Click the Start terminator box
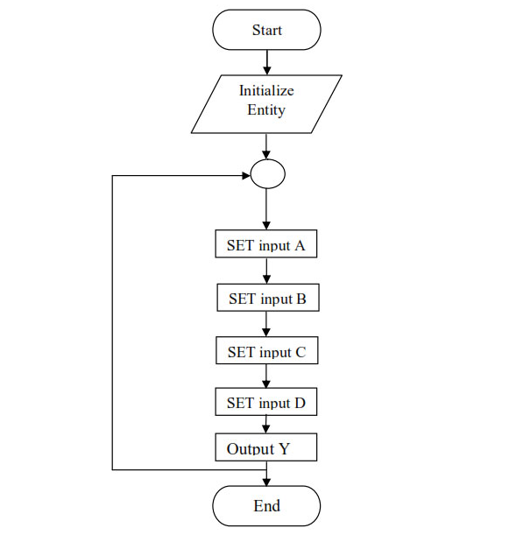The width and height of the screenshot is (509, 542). [x=266, y=30]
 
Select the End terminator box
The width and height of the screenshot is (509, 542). [x=266, y=506]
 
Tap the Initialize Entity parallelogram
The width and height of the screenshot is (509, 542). [x=266, y=104]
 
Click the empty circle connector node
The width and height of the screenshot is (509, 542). [x=267, y=174]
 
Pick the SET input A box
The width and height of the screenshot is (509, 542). [x=266, y=243]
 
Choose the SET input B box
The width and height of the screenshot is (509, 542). [x=268, y=298]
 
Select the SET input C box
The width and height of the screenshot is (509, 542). [x=267, y=350]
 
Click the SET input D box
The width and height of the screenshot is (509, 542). [x=266, y=402]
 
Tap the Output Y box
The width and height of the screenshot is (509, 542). [x=266, y=447]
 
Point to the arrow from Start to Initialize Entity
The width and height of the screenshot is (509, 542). [x=266, y=62]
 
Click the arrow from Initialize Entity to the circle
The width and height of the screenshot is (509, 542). [x=266, y=146]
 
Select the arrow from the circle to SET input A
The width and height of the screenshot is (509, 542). [x=266, y=209]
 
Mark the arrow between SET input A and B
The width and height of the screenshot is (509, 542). [x=266, y=271]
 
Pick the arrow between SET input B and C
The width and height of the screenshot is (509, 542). [x=266, y=324]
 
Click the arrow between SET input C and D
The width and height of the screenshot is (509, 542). [x=266, y=377]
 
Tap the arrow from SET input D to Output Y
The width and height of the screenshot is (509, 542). [x=266, y=425]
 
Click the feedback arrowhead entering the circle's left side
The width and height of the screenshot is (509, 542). [x=246, y=176]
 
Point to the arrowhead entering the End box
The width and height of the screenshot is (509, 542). [x=266, y=482]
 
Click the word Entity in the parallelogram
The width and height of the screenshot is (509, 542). [x=266, y=110]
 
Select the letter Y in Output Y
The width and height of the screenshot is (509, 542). [x=284, y=448]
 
